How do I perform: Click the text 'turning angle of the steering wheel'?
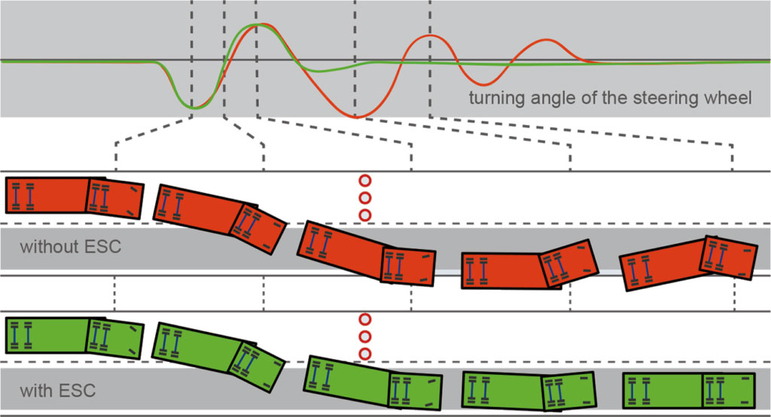click(x=610, y=99)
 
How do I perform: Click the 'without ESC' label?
click(x=70, y=246)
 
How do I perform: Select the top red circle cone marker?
click(x=366, y=181)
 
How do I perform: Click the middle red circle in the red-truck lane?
click(x=366, y=198)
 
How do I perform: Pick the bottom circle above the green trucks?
click(x=366, y=353)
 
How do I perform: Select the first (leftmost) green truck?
click(x=74, y=336)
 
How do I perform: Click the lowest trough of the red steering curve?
click(x=358, y=117)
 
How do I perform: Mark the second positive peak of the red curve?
click(x=429, y=35)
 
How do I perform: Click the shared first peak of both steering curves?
click(x=258, y=25)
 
